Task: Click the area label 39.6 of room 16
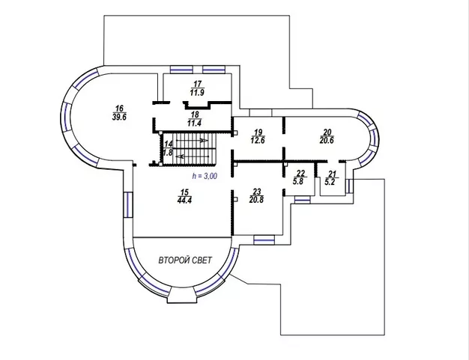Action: click(119, 117)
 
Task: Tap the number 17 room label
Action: click(197, 85)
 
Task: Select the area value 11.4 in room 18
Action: click(195, 123)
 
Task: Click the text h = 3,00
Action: click(205, 177)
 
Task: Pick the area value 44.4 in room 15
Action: click(184, 200)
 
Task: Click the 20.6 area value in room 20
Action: click(327, 140)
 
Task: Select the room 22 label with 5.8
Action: click(300, 177)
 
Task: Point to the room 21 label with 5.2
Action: click(330, 178)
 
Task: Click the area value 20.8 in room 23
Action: click(256, 200)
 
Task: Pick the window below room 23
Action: click(264, 240)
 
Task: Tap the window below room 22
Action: click(303, 200)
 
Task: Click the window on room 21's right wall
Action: click(349, 186)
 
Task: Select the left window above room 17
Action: click(181, 70)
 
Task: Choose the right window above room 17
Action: click(214, 70)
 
